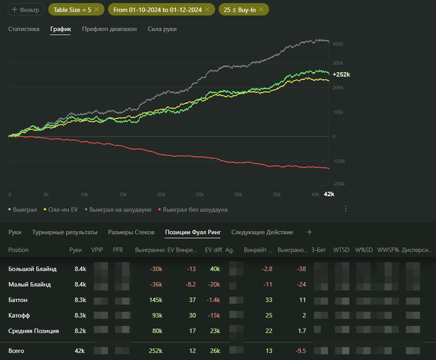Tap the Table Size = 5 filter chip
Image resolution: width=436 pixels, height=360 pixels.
coord(73,10)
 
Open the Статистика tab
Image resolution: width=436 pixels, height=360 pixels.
coord(24,29)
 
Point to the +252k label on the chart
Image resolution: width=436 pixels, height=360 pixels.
coord(340,75)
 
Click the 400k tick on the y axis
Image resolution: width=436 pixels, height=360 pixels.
coord(339,44)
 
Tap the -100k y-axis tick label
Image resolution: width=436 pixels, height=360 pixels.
coord(338,161)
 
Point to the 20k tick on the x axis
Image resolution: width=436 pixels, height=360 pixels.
coord(161,194)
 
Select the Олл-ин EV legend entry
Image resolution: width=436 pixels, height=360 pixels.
coord(62,210)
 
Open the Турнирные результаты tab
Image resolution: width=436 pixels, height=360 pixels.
coord(65,232)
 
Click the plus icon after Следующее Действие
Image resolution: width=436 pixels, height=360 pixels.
coord(310,232)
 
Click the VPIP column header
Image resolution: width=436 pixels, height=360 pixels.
coord(97,250)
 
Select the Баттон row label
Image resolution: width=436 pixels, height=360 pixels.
coord(22,300)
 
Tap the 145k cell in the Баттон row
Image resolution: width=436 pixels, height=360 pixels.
coord(156,300)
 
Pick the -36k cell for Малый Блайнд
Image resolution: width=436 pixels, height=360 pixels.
coord(156,285)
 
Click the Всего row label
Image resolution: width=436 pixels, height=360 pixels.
coord(17,351)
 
